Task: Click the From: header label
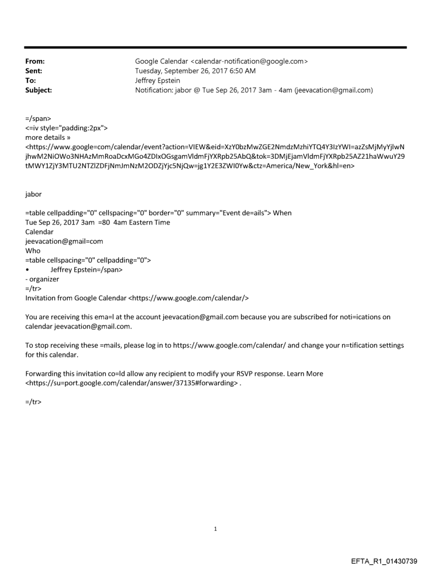(x=34, y=61)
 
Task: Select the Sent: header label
(x=34, y=71)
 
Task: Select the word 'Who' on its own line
(x=33, y=251)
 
